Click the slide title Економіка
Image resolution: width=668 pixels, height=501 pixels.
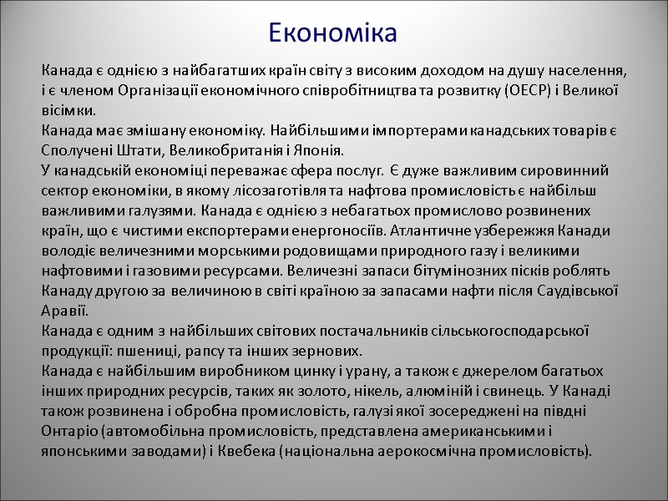coord(333,33)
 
